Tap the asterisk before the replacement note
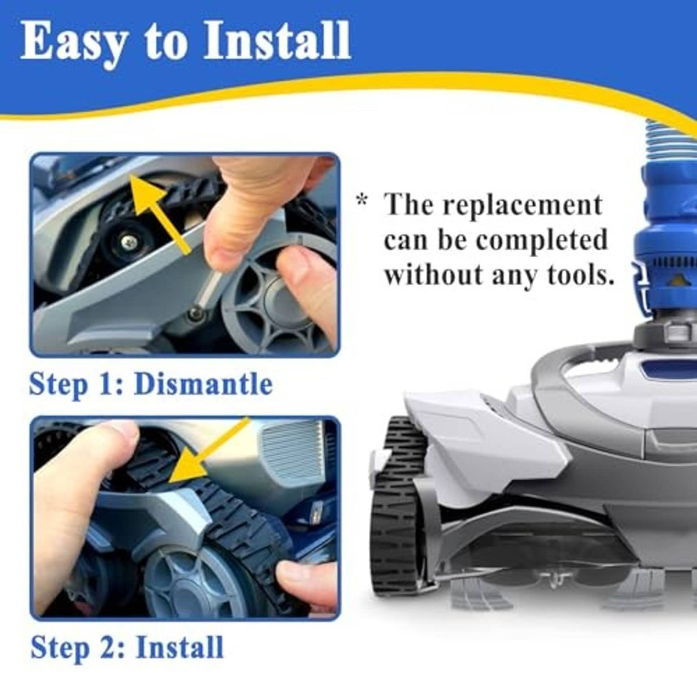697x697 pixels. click(362, 200)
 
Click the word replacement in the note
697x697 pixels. click(522, 204)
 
